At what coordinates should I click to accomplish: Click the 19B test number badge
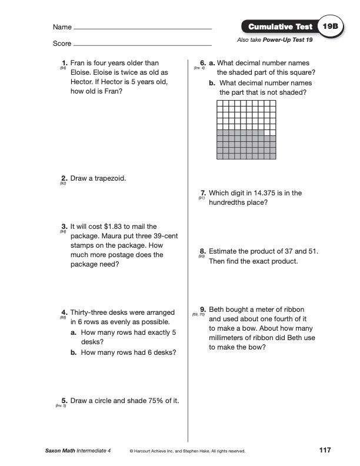click(327, 27)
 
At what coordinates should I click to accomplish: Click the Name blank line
click(143, 28)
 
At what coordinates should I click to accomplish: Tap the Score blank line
click(143, 45)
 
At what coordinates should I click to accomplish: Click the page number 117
click(324, 450)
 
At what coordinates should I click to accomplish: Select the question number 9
click(202, 309)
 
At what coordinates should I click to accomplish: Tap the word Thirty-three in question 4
click(91, 312)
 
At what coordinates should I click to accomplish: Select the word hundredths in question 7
click(229, 202)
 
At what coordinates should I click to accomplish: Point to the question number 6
click(202, 63)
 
